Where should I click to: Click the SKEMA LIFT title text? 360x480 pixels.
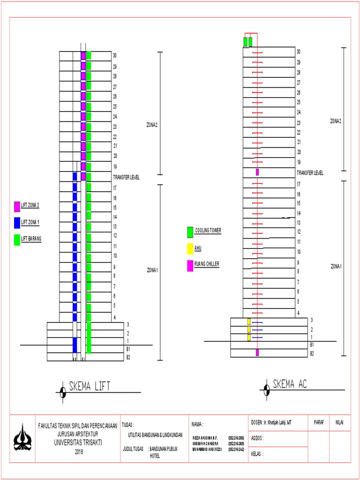point(89,386)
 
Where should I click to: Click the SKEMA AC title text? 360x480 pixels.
point(290,384)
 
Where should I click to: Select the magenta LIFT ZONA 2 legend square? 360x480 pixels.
point(17,206)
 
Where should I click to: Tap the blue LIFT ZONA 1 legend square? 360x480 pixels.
point(17,222)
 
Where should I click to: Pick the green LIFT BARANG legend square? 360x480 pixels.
point(17,239)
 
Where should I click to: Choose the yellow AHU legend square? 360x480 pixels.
point(190,248)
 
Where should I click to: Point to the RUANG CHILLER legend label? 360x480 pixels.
point(207,264)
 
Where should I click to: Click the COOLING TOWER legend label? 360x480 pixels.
point(208,231)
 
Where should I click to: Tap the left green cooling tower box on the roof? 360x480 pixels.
point(245,42)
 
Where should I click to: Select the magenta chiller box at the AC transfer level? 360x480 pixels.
point(257,172)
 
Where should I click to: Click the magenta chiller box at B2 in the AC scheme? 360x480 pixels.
point(257,352)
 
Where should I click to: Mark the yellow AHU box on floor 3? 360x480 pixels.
point(249,322)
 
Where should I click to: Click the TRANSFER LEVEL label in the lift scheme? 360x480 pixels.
point(126,177)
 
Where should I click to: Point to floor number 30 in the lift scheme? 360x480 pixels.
point(114,56)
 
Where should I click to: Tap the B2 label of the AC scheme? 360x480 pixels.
point(312,353)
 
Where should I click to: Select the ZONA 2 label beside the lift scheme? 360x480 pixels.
point(152,125)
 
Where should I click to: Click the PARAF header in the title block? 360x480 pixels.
point(319,422)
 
